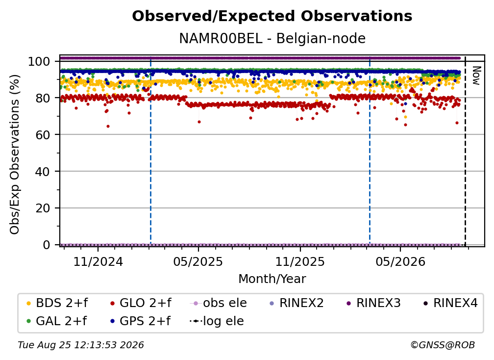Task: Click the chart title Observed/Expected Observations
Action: [x=272, y=16]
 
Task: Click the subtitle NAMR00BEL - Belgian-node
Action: [x=272, y=38]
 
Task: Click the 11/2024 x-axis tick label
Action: [x=98, y=261]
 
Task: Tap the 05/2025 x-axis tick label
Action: [x=198, y=261]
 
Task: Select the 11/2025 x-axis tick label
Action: [x=300, y=261]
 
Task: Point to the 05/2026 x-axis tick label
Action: [x=400, y=261]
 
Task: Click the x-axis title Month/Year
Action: [x=272, y=279]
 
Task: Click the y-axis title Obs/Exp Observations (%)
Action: [x=15, y=154]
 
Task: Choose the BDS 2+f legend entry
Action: [x=57, y=303]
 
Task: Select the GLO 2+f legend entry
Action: [x=141, y=303]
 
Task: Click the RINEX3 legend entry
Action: [x=373, y=303]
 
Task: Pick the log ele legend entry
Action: [x=217, y=321]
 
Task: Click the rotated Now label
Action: [x=476, y=76]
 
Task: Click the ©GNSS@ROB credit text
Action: [x=443, y=345]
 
